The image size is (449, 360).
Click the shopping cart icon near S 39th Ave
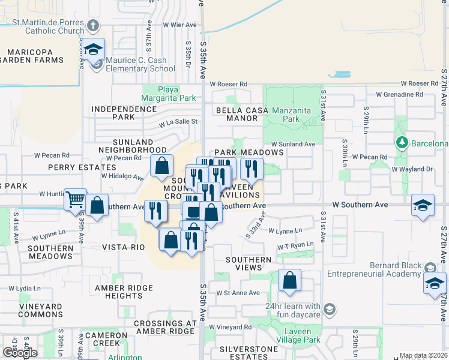point(76,199)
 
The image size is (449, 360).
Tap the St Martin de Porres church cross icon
point(92,26)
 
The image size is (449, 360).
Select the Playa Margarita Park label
point(169,94)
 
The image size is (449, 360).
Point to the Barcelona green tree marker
point(402,143)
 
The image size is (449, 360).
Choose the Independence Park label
point(124,113)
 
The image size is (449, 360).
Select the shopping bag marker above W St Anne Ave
point(289,280)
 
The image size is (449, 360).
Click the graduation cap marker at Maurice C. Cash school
point(93,49)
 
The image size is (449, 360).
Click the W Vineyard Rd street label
point(231,327)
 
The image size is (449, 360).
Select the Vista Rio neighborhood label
point(124,247)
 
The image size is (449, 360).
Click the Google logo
point(19,352)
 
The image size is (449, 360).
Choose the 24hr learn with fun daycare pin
point(329,310)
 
